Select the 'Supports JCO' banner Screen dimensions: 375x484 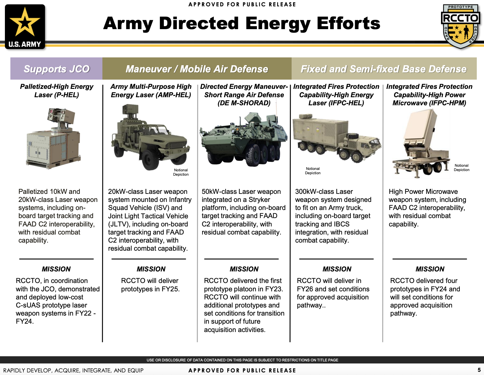coord(57,69)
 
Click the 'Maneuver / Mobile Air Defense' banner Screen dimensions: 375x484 coord(197,69)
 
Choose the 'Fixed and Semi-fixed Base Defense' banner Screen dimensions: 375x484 coord(384,69)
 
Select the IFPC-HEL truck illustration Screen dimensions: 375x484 coord(336,137)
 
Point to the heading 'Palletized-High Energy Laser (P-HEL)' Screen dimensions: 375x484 coord(57,91)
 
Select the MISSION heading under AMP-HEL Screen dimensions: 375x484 coord(151,269)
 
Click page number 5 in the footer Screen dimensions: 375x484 coord(479,370)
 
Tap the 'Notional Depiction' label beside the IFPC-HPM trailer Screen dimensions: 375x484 coord(462,168)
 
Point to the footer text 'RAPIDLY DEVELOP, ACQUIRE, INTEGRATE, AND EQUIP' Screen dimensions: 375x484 coord(73,370)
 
